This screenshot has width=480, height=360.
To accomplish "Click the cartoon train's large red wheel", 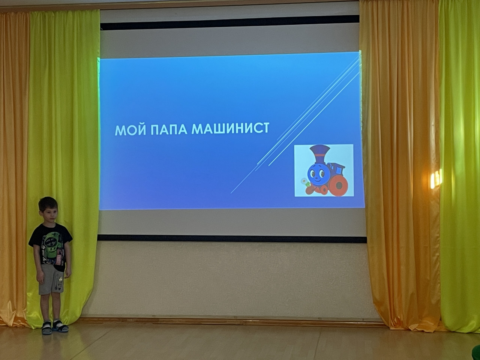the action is [x=338, y=186].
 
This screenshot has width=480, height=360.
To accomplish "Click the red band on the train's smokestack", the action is [x=320, y=155].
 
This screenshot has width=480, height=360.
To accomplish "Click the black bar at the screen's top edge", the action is [x=229, y=23].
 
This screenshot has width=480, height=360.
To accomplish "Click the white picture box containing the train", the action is [x=324, y=170].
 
